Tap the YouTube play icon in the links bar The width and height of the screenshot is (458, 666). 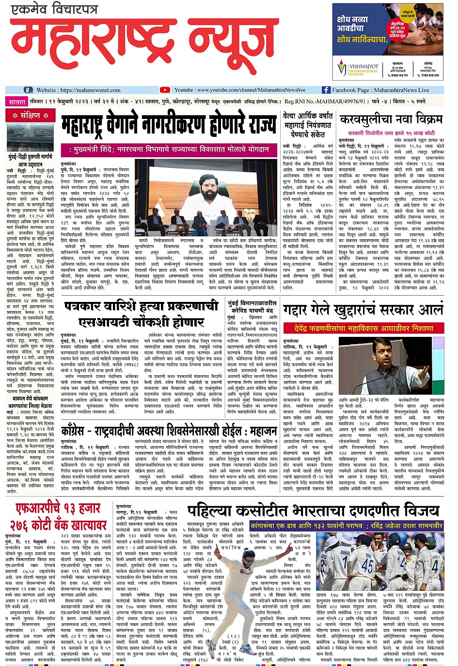(165, 90)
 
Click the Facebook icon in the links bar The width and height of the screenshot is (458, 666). (326, 90)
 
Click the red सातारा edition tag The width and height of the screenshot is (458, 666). (17, 102)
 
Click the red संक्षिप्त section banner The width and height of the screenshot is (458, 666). (31, 116)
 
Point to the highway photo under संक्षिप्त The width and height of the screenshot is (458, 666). (31, 138)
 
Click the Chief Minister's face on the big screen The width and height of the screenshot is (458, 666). (210, 182)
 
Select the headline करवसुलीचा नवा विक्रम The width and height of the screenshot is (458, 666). (391, 120)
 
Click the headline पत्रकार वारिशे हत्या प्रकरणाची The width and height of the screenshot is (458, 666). (141, 307)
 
